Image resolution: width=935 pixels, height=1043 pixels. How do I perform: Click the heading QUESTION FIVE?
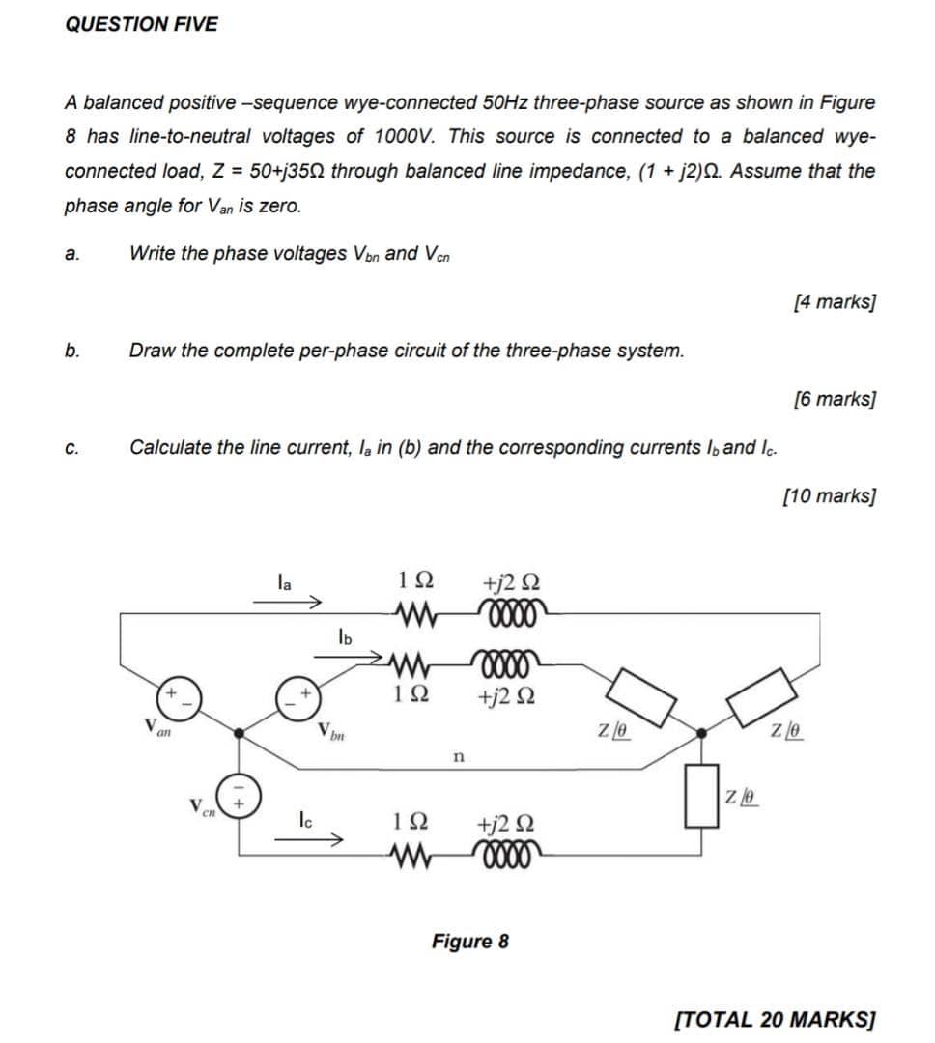141,25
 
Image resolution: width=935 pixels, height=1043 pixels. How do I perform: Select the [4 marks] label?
834,302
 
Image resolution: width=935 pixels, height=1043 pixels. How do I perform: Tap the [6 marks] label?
834,399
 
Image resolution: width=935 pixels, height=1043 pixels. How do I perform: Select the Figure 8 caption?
469,941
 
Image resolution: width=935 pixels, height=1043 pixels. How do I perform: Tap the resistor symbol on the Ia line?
415,611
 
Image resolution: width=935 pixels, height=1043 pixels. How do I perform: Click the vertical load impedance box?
702,796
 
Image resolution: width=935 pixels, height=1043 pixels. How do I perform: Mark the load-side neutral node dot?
703,734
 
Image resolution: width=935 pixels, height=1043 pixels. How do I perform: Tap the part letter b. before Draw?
72,351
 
